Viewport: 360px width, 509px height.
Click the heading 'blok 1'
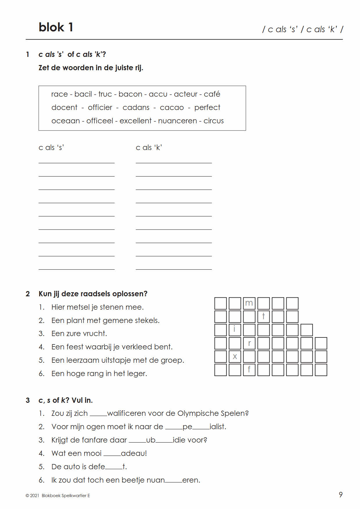pos(56,27)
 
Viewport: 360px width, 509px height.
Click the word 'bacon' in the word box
pos(130,94)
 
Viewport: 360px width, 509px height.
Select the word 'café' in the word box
pos(212,94)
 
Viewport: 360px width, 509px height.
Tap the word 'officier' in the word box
pos(100,108)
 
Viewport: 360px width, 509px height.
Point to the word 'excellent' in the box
pos(136,121)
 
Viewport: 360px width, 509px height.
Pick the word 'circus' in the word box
pos(214,121)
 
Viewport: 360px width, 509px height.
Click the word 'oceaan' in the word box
pos(66,121)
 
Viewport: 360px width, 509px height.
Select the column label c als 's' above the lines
pos(51,147)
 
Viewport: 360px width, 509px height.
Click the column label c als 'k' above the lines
pos(149,147)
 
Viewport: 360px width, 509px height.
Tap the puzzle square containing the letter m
pos(249,303)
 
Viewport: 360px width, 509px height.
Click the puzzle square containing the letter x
pos(235,357)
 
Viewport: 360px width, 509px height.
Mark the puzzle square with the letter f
pos(249,370)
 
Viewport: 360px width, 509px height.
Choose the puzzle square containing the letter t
pos(263,317)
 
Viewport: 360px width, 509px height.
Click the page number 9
pos(341,495)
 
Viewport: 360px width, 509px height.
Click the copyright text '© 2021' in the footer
pos(32,496)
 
